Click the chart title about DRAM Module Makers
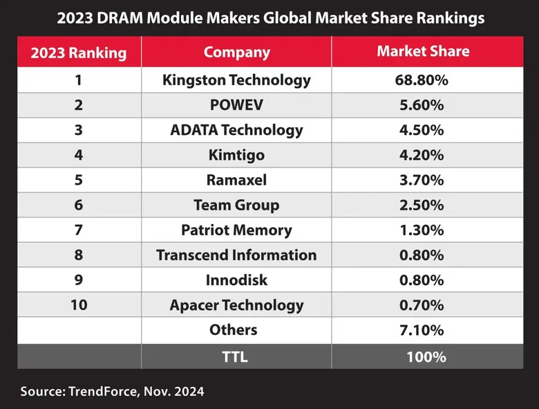(269, 17)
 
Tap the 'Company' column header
(236, 53)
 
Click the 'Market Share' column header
(423, 52)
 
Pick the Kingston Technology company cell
(236, 80)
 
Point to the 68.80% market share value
(423, 80)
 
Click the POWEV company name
(236, 105)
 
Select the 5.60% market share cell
(423, 105)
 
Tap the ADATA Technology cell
(236, 130)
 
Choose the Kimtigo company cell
(236, 155)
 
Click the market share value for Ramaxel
(423, 180)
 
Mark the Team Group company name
(236, 205)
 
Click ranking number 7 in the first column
(79, 230)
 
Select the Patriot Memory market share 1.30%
(423, 230)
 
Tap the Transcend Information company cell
(236, 255)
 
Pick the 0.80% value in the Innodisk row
(423, 280)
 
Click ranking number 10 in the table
(79, 305)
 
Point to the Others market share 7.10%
(423, 330)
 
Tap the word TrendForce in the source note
(104, 392)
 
